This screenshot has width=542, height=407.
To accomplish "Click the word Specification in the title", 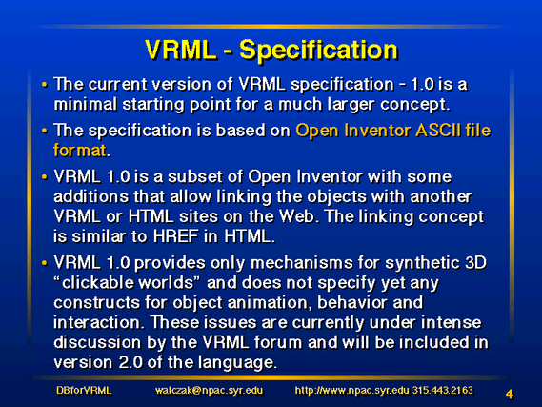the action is point(319,51).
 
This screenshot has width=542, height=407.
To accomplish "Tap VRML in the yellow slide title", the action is point(181,50).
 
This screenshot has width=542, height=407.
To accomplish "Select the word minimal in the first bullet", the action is point(86,104).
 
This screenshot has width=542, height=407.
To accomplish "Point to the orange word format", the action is point(80,151).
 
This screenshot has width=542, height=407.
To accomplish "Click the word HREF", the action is point(175,236).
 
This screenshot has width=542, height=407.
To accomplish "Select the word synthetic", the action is point(423,263).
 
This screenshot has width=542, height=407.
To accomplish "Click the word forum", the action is point(278,343).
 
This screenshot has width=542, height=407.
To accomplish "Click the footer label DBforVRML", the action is point(84,391).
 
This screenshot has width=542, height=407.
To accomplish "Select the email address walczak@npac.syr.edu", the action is point(209,391).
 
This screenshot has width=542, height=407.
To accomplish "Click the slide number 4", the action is point(510,394).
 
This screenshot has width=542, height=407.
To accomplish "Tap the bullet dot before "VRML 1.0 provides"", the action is point(44,263).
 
